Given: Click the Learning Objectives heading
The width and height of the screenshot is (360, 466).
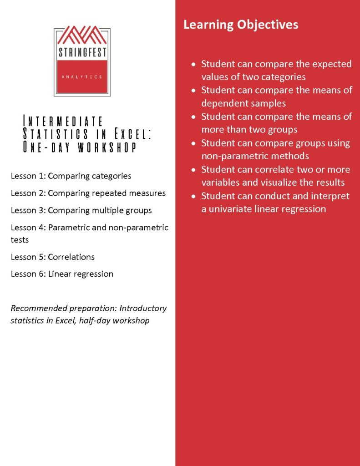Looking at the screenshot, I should [241, 25].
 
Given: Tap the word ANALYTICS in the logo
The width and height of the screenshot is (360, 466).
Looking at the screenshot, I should [82, 77].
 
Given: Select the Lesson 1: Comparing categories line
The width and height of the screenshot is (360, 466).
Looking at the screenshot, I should [71, 176].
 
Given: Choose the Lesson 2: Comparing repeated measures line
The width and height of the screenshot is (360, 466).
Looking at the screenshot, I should [88, 193].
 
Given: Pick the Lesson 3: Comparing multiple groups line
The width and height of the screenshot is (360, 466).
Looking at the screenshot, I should [81, 210].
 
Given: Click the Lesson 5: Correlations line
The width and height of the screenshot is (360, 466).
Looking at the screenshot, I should [53, 257].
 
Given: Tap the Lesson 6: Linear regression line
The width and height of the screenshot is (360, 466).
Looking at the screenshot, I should [62, 274].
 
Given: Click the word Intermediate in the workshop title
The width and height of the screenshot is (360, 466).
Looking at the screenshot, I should [63, 122].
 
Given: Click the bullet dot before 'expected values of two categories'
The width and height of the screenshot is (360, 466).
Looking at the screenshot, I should [194, 64].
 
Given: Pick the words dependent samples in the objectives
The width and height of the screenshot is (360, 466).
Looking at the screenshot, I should [243, 103].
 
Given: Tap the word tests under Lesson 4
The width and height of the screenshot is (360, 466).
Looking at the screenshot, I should [20, 239].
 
